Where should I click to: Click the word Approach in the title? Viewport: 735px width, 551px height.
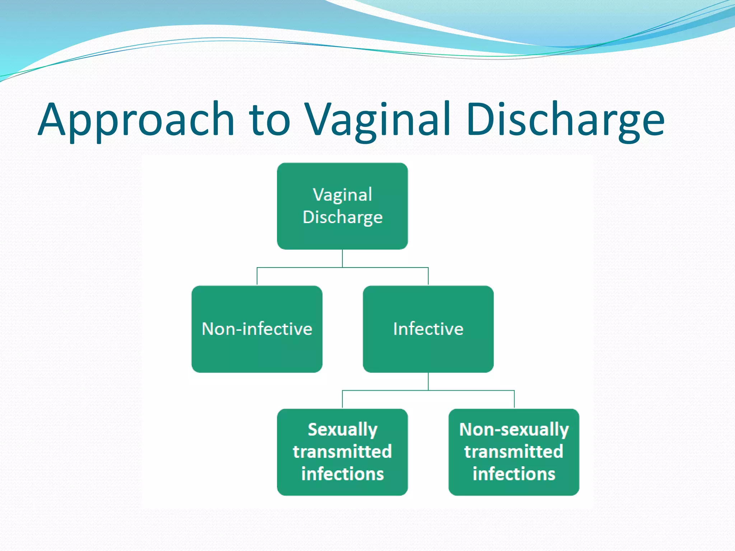tap(136, 120)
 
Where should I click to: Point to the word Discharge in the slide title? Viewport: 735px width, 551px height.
tap(565, 120)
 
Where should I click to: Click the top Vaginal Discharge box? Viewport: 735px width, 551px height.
tap(342, 237)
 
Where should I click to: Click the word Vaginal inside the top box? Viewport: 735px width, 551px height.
tap(342, 195)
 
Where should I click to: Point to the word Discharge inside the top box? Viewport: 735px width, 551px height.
tap(342, 217)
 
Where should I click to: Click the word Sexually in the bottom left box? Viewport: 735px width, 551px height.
tap(342, 430)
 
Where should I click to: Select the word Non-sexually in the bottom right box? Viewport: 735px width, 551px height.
tap(514, 430)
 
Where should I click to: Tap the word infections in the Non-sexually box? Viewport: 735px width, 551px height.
tap(514, 474)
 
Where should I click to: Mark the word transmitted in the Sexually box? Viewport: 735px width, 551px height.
tap(342, 452)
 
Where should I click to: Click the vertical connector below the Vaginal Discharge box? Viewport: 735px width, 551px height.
tap(342, 258)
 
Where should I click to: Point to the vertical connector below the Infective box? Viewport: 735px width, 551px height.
tap(428, 381)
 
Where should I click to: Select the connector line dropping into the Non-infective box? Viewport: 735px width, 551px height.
tap(257, 277)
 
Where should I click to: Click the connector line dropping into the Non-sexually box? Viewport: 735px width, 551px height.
tap(514, 399)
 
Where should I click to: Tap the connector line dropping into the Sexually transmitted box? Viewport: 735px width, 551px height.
tap(342, 399)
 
